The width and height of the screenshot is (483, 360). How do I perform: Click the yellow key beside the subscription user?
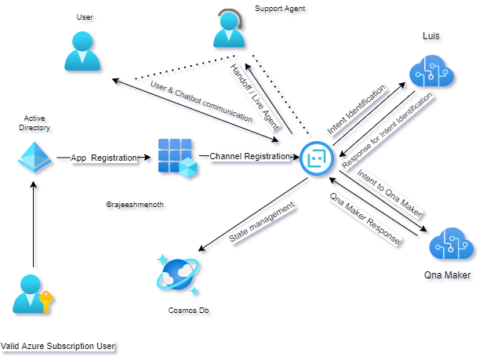[46, 301]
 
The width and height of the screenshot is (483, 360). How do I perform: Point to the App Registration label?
[103, 158]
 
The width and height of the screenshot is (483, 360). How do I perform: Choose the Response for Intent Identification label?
[388, 129]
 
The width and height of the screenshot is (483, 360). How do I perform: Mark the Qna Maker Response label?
[365, 219]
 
